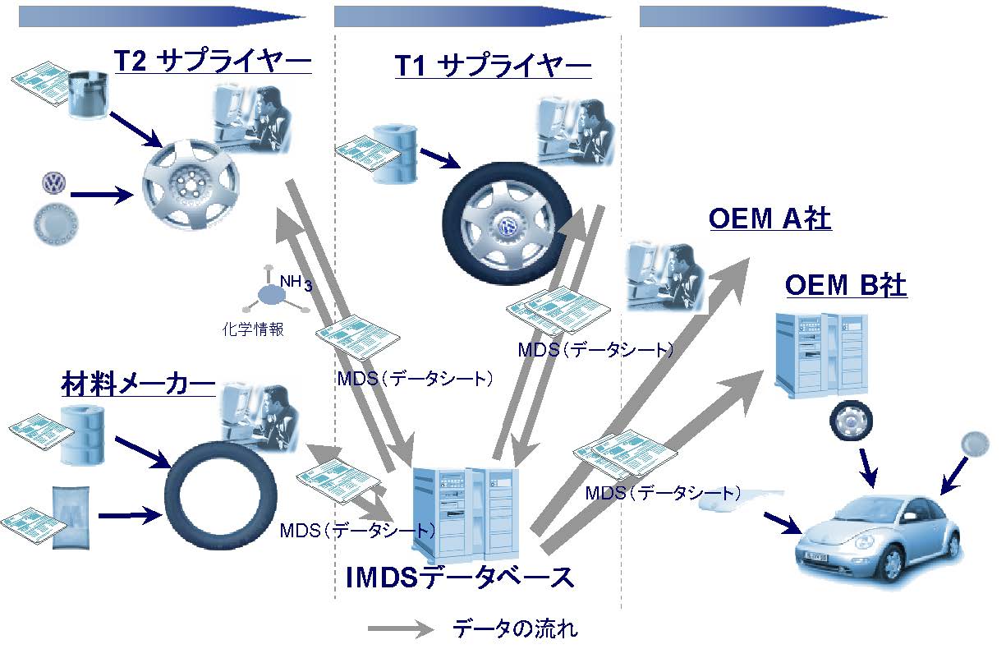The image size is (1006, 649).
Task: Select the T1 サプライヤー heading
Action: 493,65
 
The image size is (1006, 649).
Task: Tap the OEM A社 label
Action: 769,219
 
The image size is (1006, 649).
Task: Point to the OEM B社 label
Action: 846,285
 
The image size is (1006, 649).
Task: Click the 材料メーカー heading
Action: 138,384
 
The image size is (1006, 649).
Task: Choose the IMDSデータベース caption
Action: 460,578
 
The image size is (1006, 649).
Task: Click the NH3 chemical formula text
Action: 296,282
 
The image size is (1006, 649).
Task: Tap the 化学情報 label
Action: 253,329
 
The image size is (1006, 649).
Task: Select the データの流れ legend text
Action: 516,628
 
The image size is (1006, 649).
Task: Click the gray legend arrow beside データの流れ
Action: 401,628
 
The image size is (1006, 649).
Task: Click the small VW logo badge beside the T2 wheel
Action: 54,183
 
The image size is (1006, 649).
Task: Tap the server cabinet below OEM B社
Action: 821,356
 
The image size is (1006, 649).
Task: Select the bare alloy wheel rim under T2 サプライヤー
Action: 191,184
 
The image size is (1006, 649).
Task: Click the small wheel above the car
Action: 851,421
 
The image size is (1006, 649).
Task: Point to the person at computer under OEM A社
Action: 665,277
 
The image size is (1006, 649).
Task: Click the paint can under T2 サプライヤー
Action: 88,94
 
